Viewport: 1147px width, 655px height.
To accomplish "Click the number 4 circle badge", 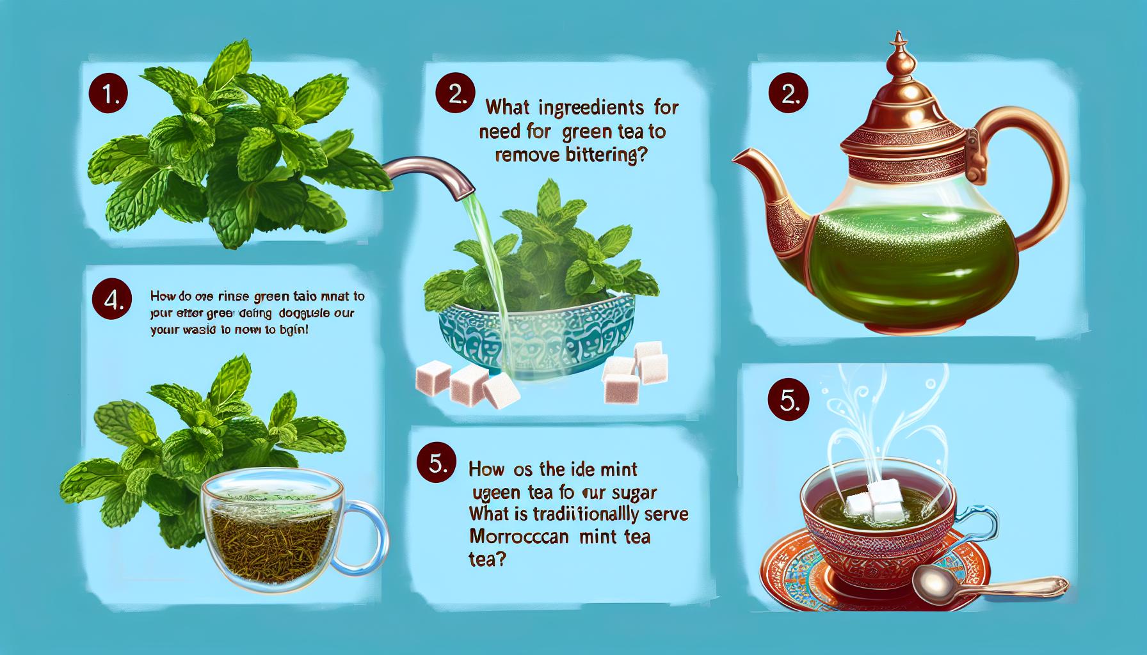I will pos(113,300).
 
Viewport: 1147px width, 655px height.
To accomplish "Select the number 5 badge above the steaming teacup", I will pos(789,399).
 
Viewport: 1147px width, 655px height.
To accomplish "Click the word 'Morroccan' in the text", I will pos(522,537).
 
